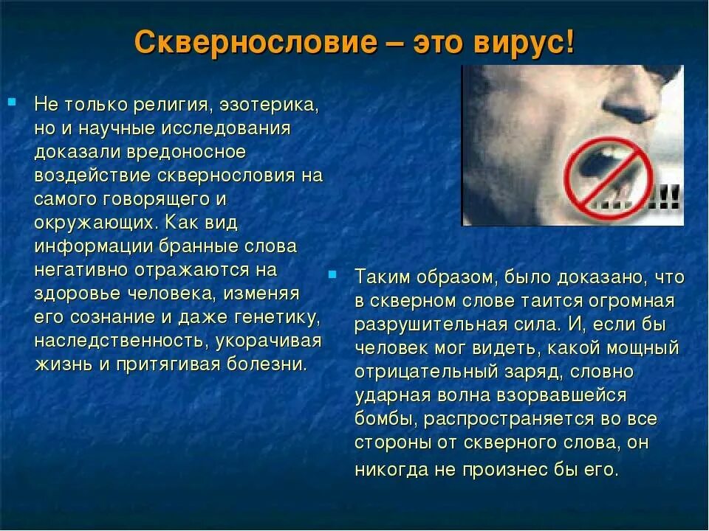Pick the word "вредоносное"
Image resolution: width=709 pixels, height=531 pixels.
[x=193, y=152]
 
